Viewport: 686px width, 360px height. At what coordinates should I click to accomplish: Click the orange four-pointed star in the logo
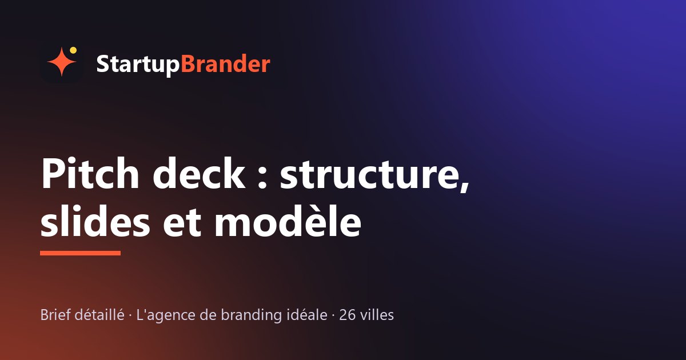tap(62, 62)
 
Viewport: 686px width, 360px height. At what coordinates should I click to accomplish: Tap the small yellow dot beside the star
tap(73, 50)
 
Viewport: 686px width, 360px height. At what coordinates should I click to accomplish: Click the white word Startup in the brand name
tap(138, 65)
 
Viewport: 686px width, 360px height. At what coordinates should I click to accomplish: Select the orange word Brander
tap(226, 63)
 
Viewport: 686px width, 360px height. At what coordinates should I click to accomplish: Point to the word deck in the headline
tap(199, 173)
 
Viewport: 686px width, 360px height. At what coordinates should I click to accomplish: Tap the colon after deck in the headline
tap(262, 178)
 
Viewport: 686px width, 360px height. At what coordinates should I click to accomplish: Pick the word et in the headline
tap(182, 223)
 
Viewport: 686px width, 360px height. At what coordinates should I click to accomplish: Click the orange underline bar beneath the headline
tap(80, 253)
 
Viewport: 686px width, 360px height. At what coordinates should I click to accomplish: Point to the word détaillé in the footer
tap(99, 315)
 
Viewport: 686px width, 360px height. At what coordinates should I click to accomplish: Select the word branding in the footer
tap(251, 315)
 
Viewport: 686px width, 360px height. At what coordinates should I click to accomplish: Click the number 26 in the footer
tap(348, 315)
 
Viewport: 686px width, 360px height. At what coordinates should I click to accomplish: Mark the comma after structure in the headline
tap(465, 186)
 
